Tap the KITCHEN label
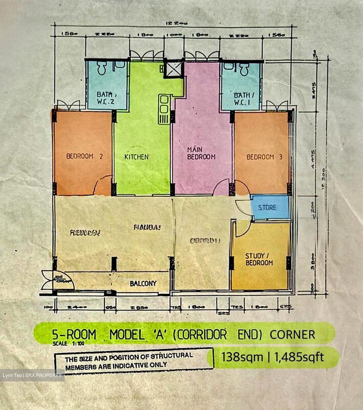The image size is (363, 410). pos(137,157)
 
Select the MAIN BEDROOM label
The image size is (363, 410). pos(201,153)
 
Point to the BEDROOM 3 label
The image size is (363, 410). pos(264,157)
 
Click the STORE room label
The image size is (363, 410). pos(267,208)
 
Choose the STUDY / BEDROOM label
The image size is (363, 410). pos(259,259)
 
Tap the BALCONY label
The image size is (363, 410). pos(143,283)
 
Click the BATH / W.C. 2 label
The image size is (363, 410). pos(106,98)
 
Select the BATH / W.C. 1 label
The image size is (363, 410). pos(242,99)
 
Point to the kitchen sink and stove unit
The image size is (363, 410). pos(164,109)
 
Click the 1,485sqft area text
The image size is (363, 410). pos(299,357)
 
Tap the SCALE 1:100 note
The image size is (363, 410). pos(68,343)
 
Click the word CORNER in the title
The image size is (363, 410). pos(292,335)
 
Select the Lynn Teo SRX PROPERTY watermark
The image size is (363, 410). pos(32,375)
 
